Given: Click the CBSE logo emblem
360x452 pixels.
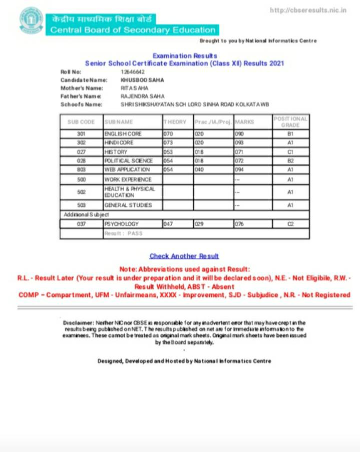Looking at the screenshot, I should (x=32, y=20).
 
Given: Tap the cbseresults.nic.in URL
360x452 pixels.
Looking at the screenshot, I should (x=308, y=10).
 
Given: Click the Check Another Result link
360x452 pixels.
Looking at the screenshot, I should (x=184, y=256).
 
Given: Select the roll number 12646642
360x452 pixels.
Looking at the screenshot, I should (x=133, y=72).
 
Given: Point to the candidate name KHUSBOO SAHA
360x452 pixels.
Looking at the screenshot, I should (x=142, y=80).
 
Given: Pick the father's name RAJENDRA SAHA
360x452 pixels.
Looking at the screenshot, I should (x=142, y=96).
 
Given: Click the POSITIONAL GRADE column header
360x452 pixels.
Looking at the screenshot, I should (x=290, y=122).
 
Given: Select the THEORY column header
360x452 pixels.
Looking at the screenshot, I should (x=175, y=122).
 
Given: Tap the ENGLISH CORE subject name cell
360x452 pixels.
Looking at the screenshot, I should (x=123, y=134).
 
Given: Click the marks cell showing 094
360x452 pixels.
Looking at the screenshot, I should (x=240, y=170).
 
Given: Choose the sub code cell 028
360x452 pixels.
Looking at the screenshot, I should (x=82, y=161).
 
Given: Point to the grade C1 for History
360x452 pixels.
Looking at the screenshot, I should (x=290, y=152).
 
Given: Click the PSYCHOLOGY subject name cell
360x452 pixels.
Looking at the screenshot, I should (x=121, y=224).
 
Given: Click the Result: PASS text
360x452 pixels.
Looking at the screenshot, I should (x=124, y=233).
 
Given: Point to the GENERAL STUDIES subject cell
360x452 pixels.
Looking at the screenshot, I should (x=128, y=205).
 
